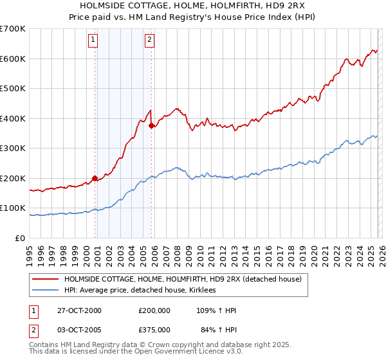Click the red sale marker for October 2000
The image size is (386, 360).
click(x=95, y=178)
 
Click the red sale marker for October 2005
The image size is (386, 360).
click(x=151, y=126)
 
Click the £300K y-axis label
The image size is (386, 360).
click(x=13, y=148)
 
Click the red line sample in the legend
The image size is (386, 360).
click(x=46, y=279)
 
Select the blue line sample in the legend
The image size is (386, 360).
click(x=46, y=291)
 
